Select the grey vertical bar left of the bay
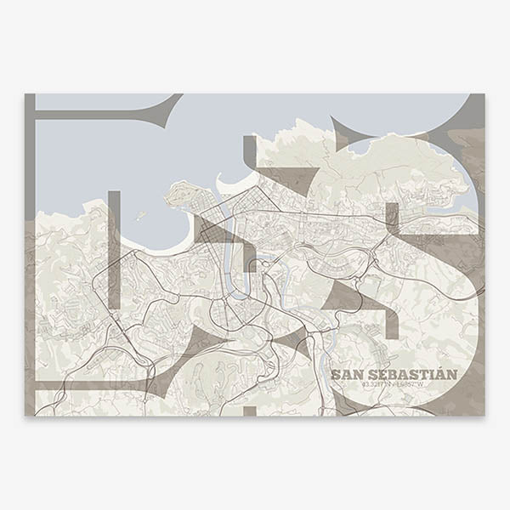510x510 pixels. click(x=114, y=246)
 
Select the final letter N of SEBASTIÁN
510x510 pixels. click(x=451, y=375)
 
